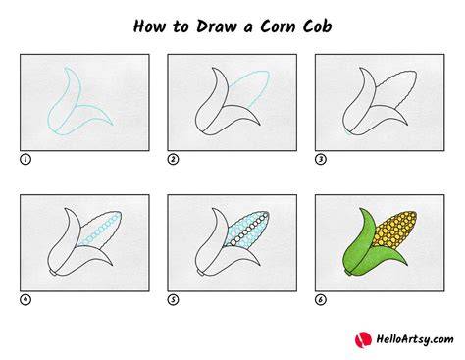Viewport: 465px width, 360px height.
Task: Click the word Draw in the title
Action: pos(216,26)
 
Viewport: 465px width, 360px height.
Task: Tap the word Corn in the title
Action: pos(278,26)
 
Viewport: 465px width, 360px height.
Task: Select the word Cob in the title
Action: pos(317,26)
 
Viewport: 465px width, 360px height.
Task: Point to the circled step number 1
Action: pos(26,159)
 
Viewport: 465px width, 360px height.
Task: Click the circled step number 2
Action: pos(173,159)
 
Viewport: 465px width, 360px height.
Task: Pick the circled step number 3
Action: pos(321,159)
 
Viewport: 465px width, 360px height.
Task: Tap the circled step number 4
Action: pos(26,299)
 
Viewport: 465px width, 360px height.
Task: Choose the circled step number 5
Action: pos(173,299)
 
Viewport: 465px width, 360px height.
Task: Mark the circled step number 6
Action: pos(321,299)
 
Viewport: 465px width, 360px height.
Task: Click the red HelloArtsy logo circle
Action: pos(363,339)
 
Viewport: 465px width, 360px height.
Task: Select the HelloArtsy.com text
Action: pos(415,339)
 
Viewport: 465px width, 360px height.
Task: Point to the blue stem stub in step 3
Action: pos(348,132)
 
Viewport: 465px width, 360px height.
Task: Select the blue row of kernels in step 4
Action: pos(99,230)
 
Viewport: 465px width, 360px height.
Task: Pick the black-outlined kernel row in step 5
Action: pos(249,229)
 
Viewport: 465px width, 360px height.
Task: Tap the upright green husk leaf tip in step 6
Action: pos(361,209)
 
